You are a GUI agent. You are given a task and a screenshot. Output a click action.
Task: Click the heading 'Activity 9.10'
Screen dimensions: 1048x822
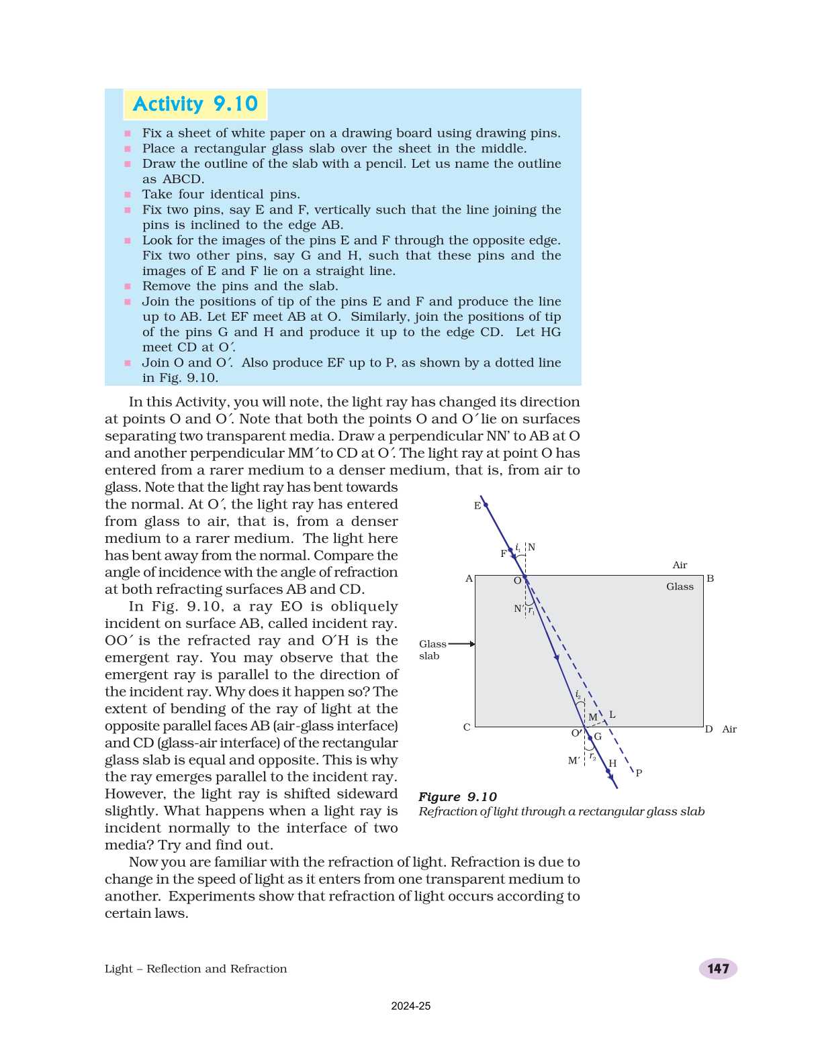[x=195, y=104]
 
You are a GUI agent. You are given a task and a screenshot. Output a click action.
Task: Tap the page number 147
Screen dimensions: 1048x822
[x=717, y=968]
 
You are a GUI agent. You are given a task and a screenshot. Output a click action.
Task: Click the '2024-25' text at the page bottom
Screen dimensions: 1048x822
[x=410, y=1006]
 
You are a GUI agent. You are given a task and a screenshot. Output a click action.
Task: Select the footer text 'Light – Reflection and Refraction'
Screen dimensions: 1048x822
[x=195, y=968]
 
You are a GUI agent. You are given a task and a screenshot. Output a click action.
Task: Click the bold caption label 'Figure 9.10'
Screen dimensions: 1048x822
[x=457, y=796]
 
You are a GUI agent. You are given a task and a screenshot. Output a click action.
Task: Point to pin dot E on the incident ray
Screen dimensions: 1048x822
[x=486, y=505]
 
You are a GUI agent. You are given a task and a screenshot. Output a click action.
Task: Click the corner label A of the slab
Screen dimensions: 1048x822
[x=469, y=578]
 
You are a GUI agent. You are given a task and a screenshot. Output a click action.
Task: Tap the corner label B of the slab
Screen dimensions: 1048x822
[x=710, y=578]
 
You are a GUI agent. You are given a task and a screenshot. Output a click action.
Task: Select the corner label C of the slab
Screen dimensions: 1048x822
[x=467, y=727]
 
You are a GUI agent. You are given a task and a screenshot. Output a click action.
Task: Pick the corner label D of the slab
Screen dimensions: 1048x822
[x=709, y=729]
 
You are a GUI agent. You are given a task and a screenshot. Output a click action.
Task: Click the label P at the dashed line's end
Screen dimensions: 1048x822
[x=639, y=773]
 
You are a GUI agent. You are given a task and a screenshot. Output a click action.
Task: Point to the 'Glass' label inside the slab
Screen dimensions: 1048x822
[x=680, y=586]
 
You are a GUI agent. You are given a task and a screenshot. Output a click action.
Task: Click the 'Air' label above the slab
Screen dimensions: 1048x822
[x=680, y=565]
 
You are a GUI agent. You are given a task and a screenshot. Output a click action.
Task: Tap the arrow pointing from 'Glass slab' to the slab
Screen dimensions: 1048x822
[x=461, y=644]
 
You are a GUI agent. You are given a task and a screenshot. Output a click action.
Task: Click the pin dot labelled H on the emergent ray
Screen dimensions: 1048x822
[x=608, y=772]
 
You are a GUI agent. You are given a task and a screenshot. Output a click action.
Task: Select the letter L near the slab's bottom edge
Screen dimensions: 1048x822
[x=612, y=715]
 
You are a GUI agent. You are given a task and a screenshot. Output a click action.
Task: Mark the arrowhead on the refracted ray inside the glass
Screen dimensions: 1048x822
[x=557, y=658]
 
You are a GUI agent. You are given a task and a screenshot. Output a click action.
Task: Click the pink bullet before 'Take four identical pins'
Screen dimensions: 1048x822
[x=128, y=195]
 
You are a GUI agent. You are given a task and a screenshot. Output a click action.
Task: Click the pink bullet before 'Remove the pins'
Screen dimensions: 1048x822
[x=128, y=286]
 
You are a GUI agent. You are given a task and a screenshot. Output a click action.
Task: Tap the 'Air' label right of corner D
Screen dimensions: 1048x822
[x=729, y=729]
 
